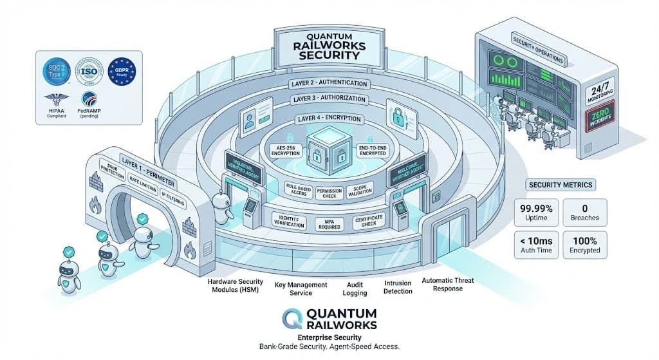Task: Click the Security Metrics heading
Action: pos(561,185)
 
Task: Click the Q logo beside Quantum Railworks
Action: pos(293,317)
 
